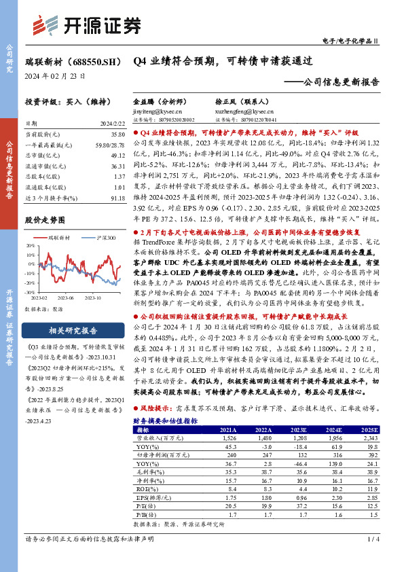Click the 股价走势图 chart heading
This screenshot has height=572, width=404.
[45, 220]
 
